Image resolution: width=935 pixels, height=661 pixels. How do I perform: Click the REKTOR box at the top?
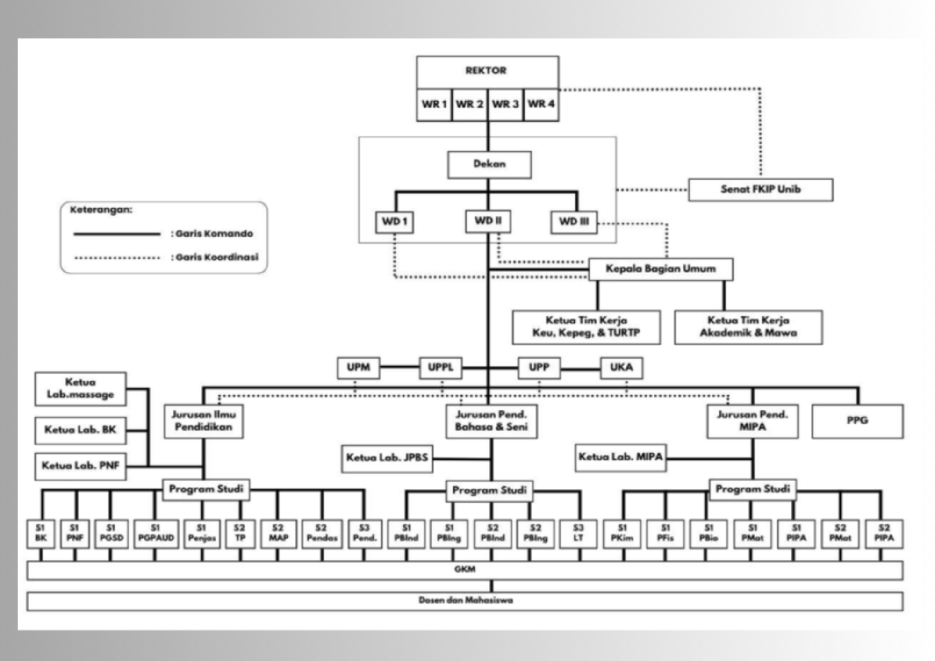click(487, 72)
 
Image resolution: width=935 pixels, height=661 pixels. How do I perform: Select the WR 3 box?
click(505, 104)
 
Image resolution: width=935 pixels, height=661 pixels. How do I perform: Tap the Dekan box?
click(489, 165)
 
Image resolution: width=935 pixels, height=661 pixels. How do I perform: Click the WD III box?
click(574, 222)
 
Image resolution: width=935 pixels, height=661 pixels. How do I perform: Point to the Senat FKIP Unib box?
click(760, 190)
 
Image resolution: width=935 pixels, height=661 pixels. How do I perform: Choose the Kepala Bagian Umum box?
click(660, 269)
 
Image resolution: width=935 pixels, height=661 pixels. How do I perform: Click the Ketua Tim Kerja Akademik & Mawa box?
click(748, 327)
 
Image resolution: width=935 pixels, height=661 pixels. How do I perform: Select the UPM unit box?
click(358, 368)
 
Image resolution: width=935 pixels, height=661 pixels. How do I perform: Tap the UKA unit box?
click(621, 368)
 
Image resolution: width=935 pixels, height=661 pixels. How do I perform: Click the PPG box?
click(857, 421)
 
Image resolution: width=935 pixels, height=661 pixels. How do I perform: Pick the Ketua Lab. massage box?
click(80, 389)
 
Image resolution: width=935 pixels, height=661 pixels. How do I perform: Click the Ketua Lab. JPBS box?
click(387, 458)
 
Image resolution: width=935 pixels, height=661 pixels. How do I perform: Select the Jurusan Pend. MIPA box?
click(752, 421)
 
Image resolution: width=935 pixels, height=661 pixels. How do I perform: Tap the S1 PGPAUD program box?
click(156, 534)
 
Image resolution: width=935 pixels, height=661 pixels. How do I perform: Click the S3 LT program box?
click(578, 534)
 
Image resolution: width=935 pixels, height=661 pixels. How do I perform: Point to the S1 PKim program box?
click(622, 534)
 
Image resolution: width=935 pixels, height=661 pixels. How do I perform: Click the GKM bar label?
click(465, 570)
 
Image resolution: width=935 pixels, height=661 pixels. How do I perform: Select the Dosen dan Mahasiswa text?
click(466, 601)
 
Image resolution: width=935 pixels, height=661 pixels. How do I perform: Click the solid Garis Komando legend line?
click(117, 234)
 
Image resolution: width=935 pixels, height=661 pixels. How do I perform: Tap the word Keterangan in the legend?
click(101, 210)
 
